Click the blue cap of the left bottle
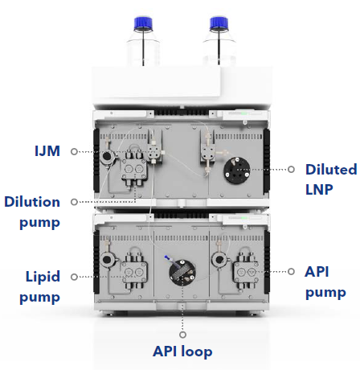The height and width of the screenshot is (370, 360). click(x=143, y=23)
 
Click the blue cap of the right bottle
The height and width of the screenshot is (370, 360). click(x=219, y=23)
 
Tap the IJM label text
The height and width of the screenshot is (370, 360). click(x=47, y=151)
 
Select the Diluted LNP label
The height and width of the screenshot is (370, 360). click(x=331, y=179)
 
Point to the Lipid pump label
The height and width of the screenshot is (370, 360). click(x=40, y=287)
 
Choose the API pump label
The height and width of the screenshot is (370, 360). click(x=325, y=282)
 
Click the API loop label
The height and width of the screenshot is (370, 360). click(x=182, y=351)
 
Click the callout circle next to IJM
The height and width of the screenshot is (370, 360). click(x=74, y=152)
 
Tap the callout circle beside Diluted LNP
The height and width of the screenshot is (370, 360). click(x=291, y=169)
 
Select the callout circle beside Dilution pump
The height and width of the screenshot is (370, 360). click(x=74, y=202)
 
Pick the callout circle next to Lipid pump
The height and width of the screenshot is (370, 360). click(x=74, y=277)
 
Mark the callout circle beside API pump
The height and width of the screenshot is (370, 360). click(x=291, y=272)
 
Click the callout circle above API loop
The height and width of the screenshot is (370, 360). click(x=182, y=335)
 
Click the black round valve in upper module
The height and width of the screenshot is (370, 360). click(x=237, y=171)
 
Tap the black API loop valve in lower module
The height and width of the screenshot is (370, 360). click(x=182, y=273)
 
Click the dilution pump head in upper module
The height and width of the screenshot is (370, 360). click(x=134, y=169)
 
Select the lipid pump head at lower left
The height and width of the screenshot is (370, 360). click(x=134, y=272)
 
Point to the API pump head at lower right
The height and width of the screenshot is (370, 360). click(x=247, y=272)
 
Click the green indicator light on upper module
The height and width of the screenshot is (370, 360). click(x=244, y=113)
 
